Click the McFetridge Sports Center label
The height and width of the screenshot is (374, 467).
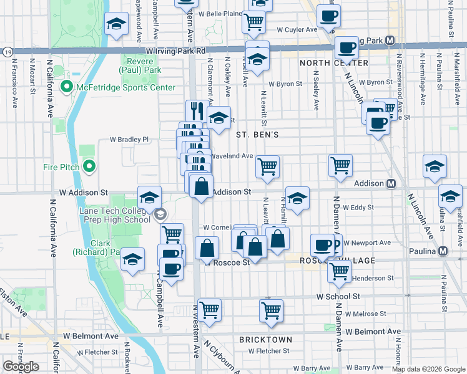(125, 87)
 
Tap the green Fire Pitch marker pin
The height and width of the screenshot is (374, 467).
(89, 166)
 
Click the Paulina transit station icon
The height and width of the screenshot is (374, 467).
(443, 251)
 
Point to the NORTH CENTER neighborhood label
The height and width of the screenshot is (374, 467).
(333, 63)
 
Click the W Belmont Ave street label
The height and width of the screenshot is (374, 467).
(373, 332)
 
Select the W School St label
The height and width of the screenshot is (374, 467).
(338, 297)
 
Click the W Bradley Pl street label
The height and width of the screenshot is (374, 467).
(130, 140)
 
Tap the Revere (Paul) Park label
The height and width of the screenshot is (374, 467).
(144, 65)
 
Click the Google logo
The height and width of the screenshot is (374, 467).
(21, 367)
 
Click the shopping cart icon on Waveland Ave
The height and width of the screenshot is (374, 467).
(268, 167)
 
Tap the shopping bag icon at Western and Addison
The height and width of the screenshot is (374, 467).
(202, 186)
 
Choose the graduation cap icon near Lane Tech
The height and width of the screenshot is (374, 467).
(149, 199)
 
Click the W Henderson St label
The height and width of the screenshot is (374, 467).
(371, 279)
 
